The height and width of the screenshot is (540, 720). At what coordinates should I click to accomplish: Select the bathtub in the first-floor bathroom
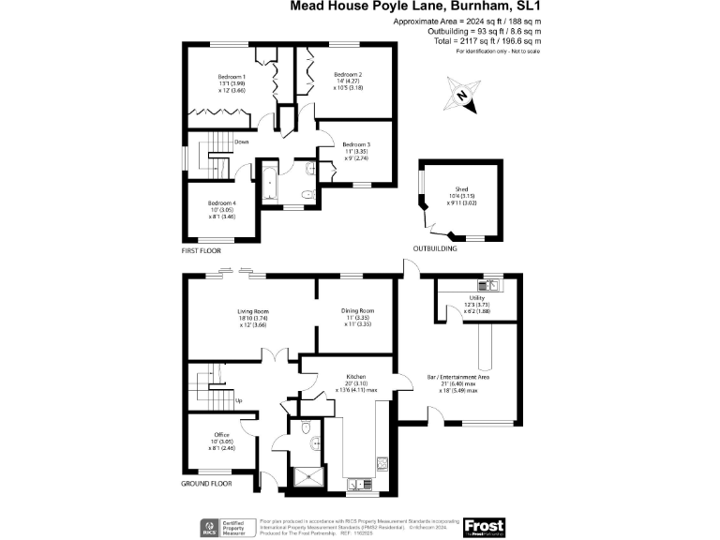coord(269,182)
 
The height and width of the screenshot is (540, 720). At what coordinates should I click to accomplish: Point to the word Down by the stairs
coord(241,142)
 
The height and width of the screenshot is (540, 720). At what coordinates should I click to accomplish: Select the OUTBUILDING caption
coord(435,249)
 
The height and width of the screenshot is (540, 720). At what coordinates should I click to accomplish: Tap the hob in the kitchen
coord(382,462)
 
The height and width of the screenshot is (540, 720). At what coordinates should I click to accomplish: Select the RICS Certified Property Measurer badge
coord(225,526)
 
